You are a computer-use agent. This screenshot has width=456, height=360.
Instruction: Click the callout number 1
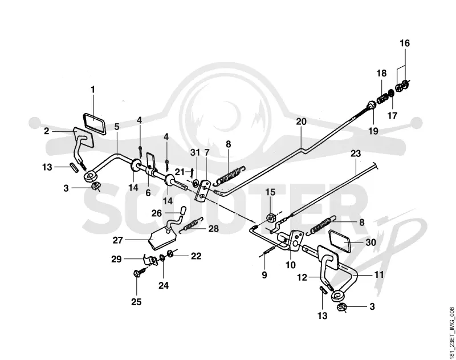click(93, 90)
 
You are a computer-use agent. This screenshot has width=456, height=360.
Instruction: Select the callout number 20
click(302, 122)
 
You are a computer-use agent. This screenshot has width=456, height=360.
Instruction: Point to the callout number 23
click(355, 153)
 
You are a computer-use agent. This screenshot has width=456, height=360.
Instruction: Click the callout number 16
click(405, 43)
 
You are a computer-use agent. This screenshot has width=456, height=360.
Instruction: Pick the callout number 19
click(373, 131)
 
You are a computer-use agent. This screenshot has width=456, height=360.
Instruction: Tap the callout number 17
click(392, 116)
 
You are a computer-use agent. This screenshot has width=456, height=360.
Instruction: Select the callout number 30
click(370, 242)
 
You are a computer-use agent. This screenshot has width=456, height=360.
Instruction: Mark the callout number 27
click(118, 240)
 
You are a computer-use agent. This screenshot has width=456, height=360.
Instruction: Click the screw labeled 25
click(139, 273)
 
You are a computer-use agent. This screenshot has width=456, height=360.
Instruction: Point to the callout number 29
click(116, 258)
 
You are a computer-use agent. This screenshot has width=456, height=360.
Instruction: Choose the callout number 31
click(196, 152)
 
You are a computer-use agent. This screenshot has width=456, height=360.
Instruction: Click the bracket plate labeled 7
click(202, 191)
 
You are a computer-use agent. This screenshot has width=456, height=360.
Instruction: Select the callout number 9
click(264, 275)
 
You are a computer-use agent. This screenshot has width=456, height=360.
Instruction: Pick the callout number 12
click(302, 277)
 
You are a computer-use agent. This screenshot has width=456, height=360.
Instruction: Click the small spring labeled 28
click(192, 225)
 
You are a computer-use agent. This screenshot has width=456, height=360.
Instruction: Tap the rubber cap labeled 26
click(182, 210)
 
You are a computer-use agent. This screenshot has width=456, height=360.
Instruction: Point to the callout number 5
click(117, 127)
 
